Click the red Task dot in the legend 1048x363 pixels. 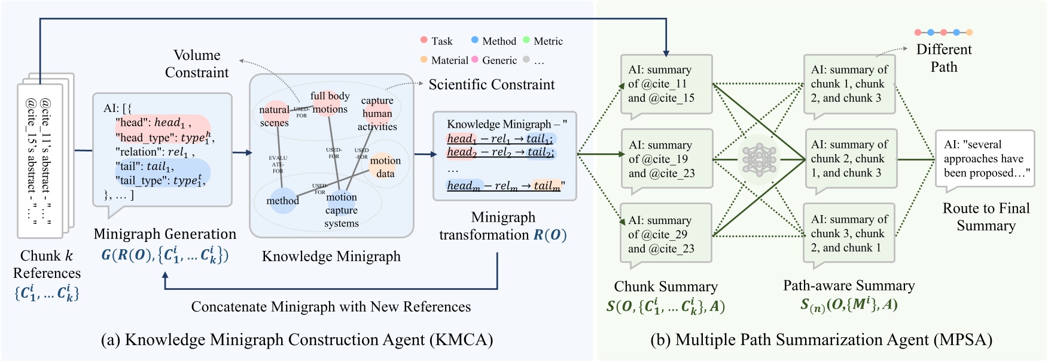click(424, 40)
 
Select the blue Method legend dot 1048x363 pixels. click(475, 40)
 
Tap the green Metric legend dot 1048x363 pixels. click(526, 40)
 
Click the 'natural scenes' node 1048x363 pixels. click(274, 116)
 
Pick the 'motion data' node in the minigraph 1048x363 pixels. click(385, 167)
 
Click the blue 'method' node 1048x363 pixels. click(282, 201)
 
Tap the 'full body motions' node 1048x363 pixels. click(330, 102)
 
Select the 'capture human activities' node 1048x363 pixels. click(377, 114)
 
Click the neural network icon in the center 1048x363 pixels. click(758, 159)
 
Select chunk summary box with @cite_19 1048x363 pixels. click(666, 159)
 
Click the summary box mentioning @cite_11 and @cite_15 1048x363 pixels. click(666, 84)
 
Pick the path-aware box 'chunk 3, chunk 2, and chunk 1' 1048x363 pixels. click(849, 233)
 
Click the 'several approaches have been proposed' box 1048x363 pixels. click(985, 159)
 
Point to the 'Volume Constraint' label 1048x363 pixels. click(197, 63)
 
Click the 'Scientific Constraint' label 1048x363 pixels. click(491, 84)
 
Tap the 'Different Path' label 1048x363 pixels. click(943, 58)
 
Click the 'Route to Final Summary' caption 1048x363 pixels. click(986, 217)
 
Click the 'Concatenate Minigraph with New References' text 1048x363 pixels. click(331, 307)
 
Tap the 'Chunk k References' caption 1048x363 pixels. click(47, 264)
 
